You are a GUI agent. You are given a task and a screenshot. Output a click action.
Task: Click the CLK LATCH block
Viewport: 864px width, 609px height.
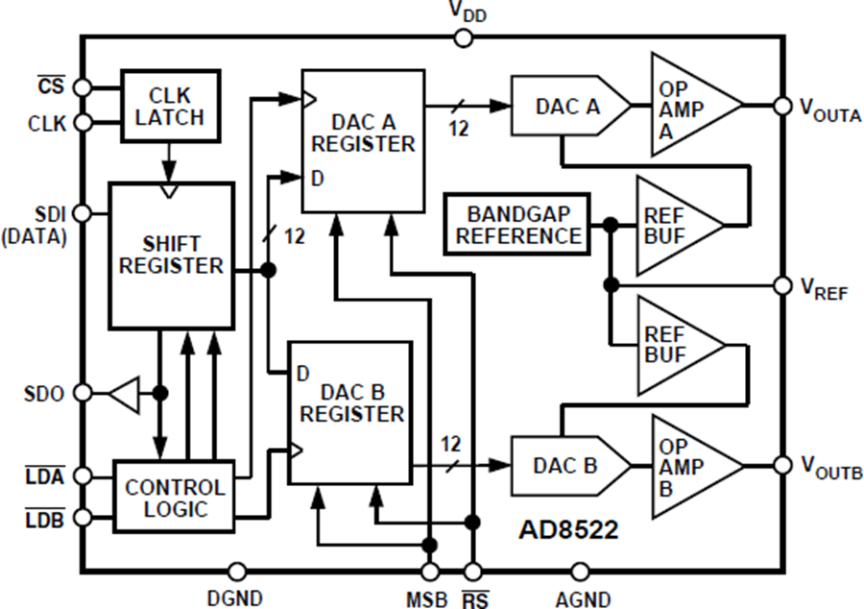[x=171, y=106]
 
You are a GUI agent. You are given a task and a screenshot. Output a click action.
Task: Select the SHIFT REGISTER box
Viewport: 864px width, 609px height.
[x=171, y=256]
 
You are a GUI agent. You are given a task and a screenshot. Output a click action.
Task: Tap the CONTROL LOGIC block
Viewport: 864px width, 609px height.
[x=174, y=497]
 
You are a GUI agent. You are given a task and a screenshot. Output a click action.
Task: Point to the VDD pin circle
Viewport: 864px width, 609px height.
[x=463, y=37]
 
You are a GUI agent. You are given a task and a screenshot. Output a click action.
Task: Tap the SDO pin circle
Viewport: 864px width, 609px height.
[x=84, y=393]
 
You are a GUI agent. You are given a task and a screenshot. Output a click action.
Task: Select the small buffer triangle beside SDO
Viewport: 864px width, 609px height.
[x=125, y=393]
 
